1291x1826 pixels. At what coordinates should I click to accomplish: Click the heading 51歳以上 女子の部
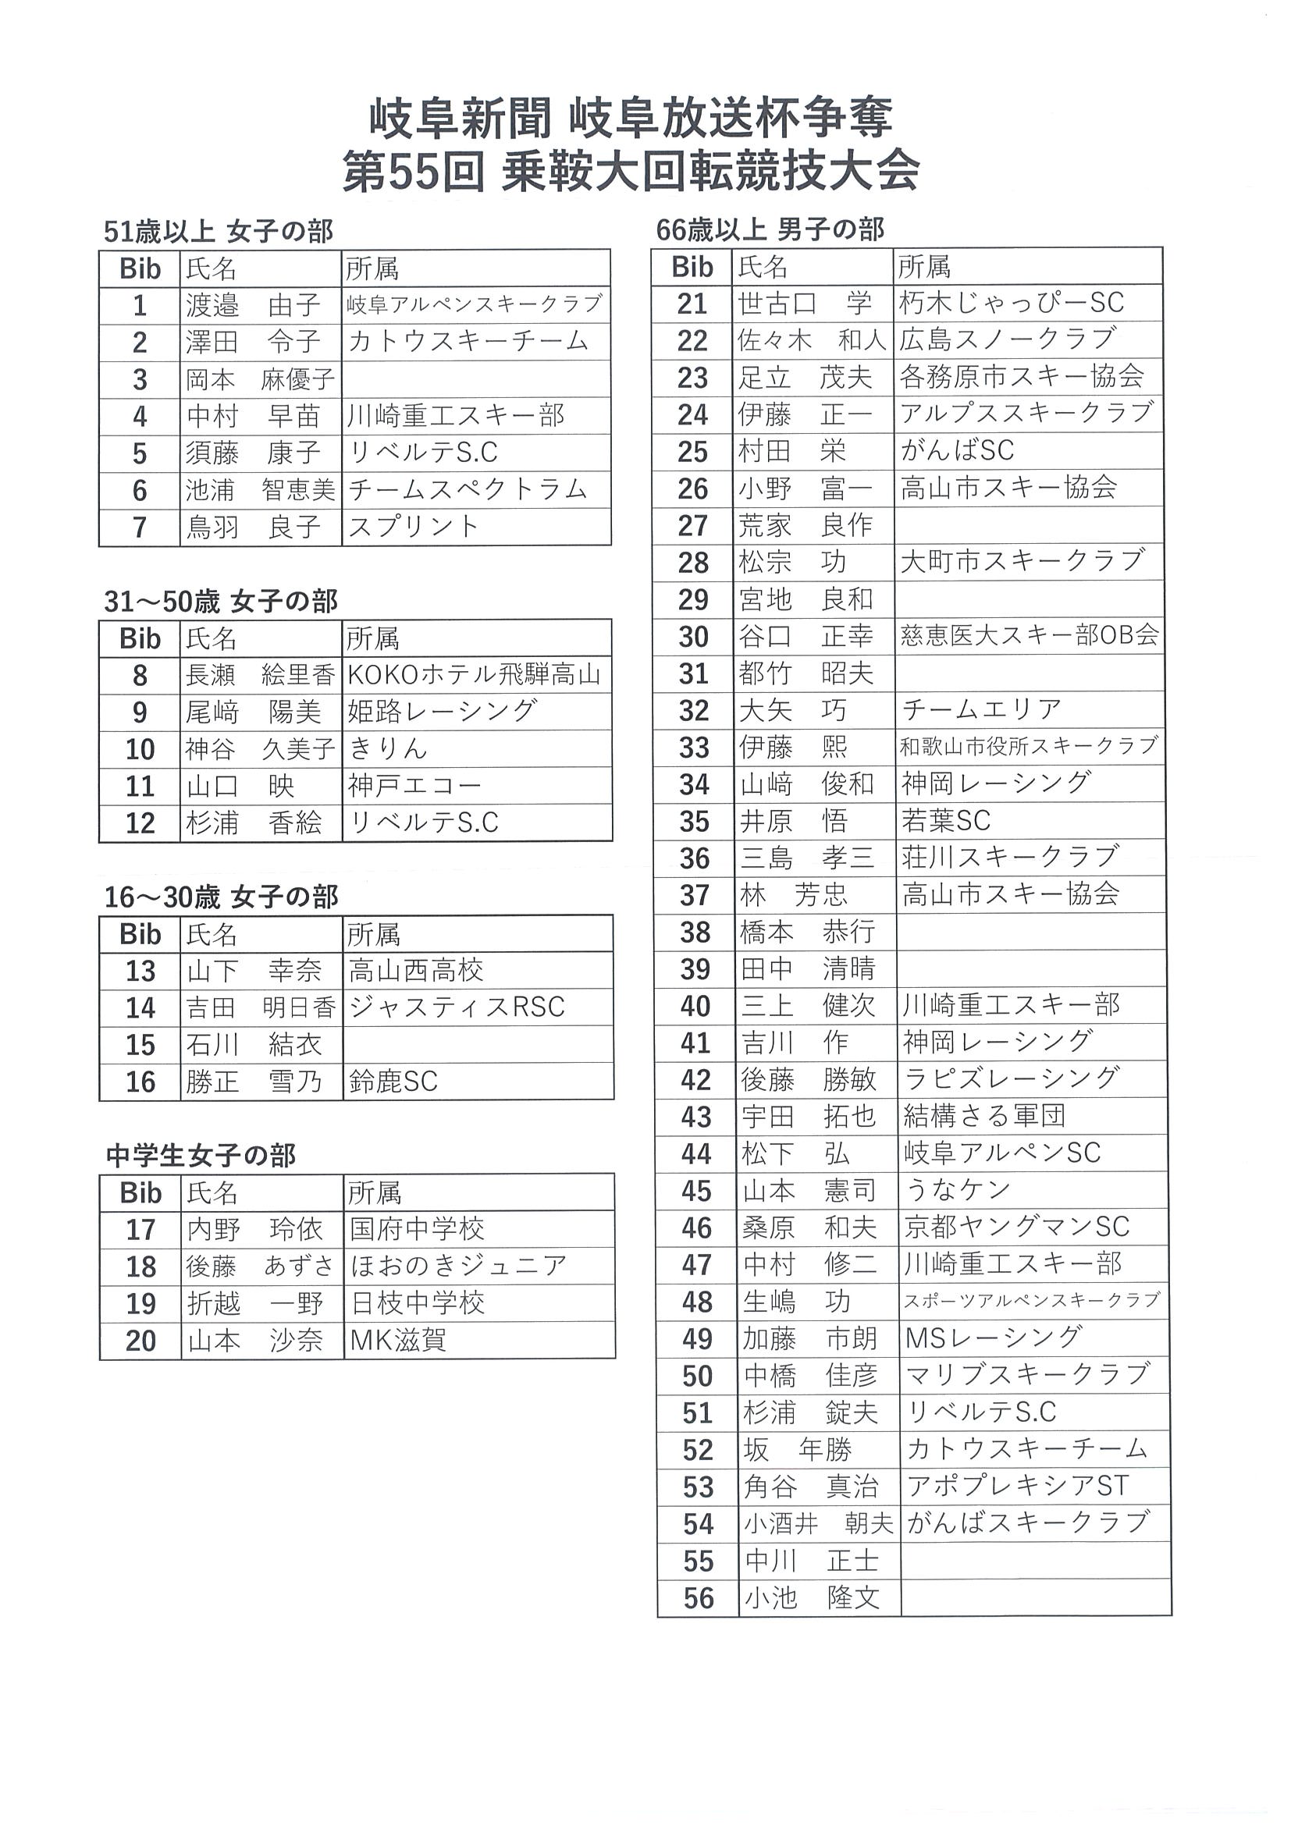click(x=218, y=232)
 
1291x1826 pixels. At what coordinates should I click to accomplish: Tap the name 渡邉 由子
click(x=253, y=304)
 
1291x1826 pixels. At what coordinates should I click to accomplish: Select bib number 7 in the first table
click(x=140, y=528)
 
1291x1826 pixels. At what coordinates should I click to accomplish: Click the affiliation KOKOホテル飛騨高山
click(x=474, y=675)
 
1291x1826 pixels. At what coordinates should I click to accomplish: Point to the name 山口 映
click(x=240, y=786)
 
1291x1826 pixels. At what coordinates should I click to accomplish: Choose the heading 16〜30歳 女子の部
click(x=221, y=897)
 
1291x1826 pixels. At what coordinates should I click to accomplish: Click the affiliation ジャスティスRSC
click(x=457, y=1007)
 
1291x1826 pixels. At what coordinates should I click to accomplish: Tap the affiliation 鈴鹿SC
click(x=393, y=1082)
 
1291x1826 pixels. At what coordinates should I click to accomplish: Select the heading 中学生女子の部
click(x=201, y=1156)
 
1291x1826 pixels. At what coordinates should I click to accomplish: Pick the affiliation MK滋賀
click(x=398, y=1341)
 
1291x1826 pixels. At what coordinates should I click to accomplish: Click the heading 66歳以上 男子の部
click(x=770, y=230)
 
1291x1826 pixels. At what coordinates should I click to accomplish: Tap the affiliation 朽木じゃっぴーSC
click(x=1012, y=303)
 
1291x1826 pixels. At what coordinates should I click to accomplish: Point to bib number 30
click(x=694, y=637)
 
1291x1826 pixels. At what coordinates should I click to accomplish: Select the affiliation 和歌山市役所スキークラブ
click(x=1029, y=747)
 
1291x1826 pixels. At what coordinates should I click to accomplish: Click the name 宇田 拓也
click(x=808, y=1117)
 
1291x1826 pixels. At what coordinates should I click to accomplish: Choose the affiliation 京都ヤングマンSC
click(x=1016, y=1227)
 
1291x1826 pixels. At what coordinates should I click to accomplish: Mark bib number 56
click(x=699, y=1598)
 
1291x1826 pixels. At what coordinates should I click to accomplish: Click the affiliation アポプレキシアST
click(x=1017, y=1486)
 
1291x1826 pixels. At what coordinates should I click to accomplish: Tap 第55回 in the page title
click(x=414, y=172)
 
